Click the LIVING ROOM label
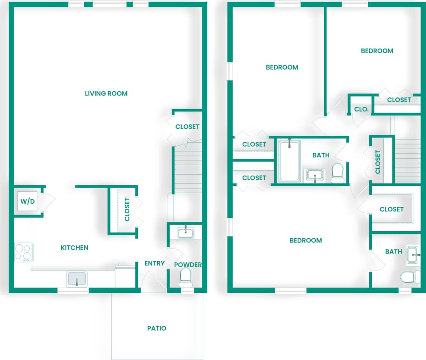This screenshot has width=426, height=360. coord(106,94)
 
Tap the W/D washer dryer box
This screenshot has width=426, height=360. coord(27,201)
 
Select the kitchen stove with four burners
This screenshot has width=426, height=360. coord(23,252)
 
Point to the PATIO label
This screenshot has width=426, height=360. coord(156,328)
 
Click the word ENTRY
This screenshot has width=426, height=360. coord(155,263)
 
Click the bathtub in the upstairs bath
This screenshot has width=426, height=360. coord(289,161)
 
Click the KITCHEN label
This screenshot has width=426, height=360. coord(74,248)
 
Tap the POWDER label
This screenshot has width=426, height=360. coord(188,265)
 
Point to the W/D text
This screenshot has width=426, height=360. coord(27,201)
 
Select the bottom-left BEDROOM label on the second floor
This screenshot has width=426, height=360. coord(305,240)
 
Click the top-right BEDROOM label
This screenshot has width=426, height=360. coord(377,51)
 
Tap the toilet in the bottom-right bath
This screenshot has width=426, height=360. coord(409,277)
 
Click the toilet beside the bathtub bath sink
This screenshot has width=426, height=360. coord(337,172)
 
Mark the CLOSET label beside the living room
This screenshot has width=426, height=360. coord(188,127)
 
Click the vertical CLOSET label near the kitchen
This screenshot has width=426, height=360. coord(127,210)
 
